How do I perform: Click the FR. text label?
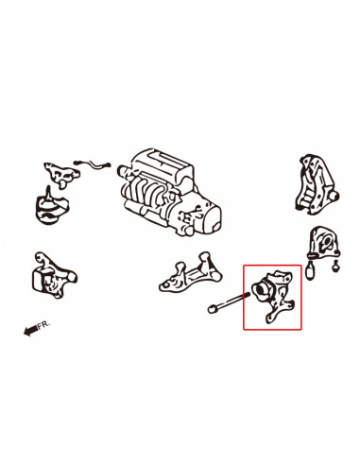pos(43,325)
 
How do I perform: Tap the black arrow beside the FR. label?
pos(30,331)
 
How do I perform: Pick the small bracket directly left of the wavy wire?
pos(61,175)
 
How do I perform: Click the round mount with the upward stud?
pos(51,207)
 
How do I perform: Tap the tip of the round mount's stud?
pos(48,186)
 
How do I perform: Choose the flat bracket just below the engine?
pos(191,273)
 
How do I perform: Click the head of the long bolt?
pos(212,309)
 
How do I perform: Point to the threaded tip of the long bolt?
pos(247,295)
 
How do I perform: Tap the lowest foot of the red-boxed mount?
pos(268,319)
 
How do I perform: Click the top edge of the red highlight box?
pos(272,266)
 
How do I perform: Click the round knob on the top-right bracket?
pos(334,197)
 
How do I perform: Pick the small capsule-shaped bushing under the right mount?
pos(310,271)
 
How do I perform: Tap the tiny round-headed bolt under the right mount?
pos(336,267)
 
